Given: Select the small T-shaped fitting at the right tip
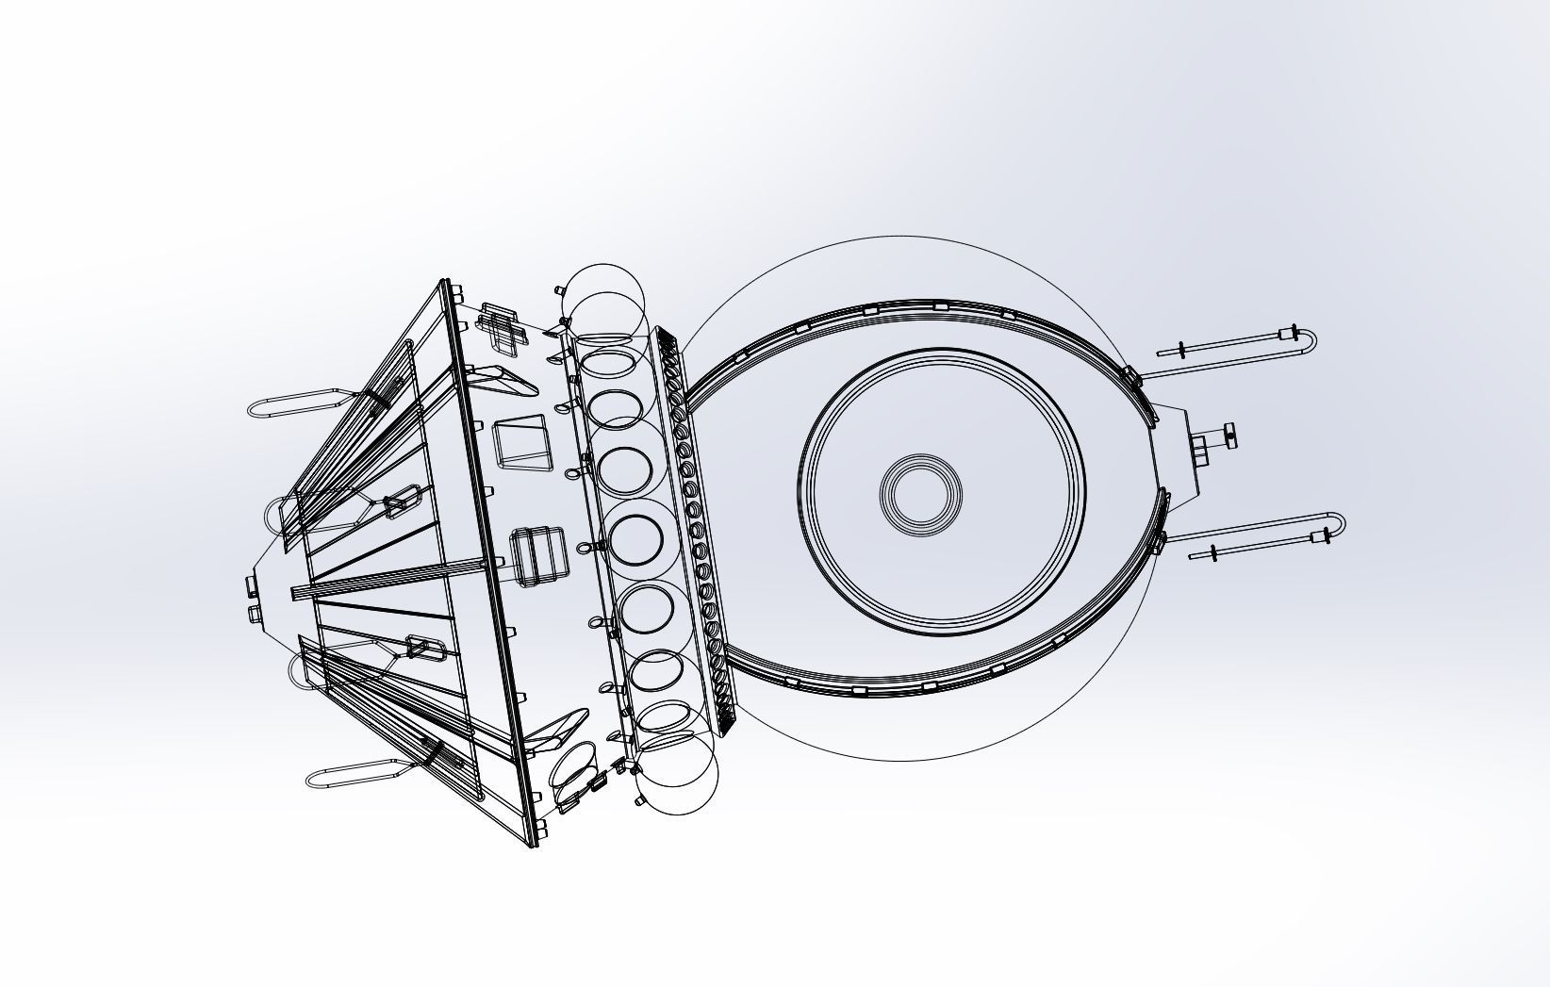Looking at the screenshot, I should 1228,436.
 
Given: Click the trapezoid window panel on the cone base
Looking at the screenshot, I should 523,442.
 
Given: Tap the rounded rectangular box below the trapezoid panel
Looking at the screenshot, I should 539,556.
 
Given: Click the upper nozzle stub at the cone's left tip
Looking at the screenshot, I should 252,586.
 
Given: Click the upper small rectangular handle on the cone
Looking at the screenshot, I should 402,501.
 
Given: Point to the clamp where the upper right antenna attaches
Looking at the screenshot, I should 1131,376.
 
